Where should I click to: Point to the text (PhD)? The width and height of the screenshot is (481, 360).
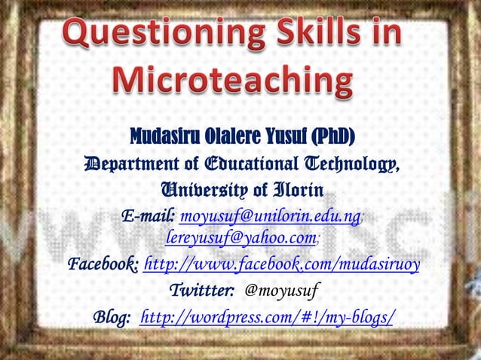329,138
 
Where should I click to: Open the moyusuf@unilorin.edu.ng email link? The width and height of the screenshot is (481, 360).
271,217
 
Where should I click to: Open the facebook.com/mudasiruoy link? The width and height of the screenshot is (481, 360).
281,265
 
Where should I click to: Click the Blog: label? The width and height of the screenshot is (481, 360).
112,316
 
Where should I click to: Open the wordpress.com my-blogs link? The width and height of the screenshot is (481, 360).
267,316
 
